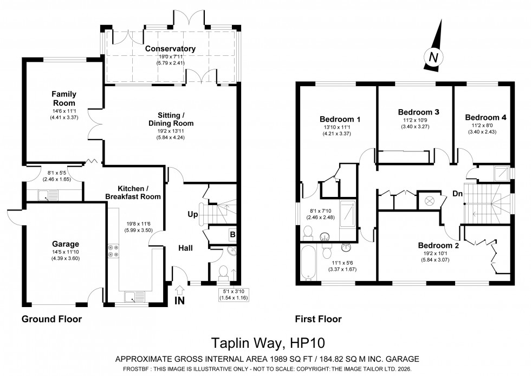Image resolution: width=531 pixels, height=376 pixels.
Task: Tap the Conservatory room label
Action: [x=170, y=49]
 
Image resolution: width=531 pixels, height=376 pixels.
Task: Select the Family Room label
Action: [x=63, y=98]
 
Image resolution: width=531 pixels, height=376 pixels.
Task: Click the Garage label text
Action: [x=66, y=244]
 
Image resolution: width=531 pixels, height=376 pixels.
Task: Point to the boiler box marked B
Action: [x=232, y=234]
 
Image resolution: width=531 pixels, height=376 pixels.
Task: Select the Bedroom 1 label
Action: [x=340, y=119]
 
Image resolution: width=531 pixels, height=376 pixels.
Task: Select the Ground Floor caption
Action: [x=51, y=319]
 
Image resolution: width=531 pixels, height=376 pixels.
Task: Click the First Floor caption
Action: [x=319, y=319]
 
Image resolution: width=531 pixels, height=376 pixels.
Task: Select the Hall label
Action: [x=186, y=248]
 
